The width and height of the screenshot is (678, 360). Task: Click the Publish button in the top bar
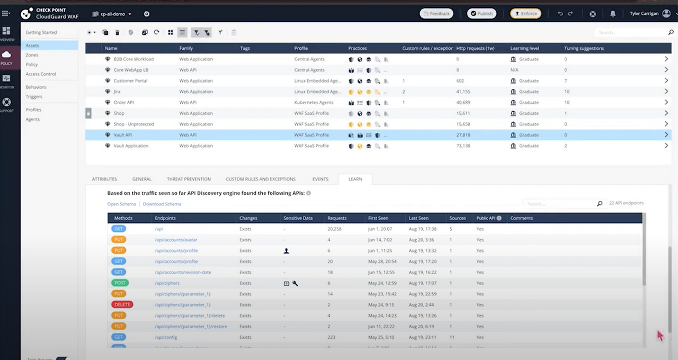click(481, 14)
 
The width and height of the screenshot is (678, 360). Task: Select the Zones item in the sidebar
click(32, 55)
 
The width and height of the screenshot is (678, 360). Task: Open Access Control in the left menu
click(41, 74)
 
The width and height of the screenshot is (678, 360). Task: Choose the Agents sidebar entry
click(32, 119)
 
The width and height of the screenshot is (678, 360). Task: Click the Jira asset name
click(117, 92)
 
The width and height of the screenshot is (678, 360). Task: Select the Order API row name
click(123, 102)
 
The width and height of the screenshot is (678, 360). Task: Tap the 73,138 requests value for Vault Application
click(463, 146)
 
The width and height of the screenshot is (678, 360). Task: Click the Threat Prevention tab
click(189, 179)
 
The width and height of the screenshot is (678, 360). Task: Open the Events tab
click(320, 179)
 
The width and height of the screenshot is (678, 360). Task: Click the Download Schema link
click(162, 204)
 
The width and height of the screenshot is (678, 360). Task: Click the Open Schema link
click(121, 204)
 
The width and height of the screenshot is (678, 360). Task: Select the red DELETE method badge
click(122, 304)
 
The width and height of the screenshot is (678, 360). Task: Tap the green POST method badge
click(120, 283)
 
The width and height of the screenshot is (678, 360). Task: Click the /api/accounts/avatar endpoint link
click(176, 240)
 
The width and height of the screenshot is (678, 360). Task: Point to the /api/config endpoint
click(166, 337)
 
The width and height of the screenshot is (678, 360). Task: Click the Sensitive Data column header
click(298, 218)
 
